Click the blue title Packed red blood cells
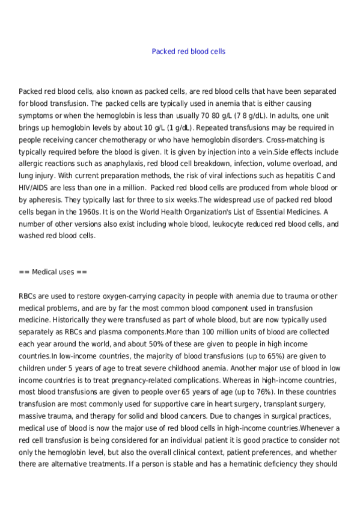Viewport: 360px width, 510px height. point(189,52)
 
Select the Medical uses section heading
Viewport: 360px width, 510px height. point(53,272)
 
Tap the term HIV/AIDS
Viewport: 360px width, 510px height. point(37,188)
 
